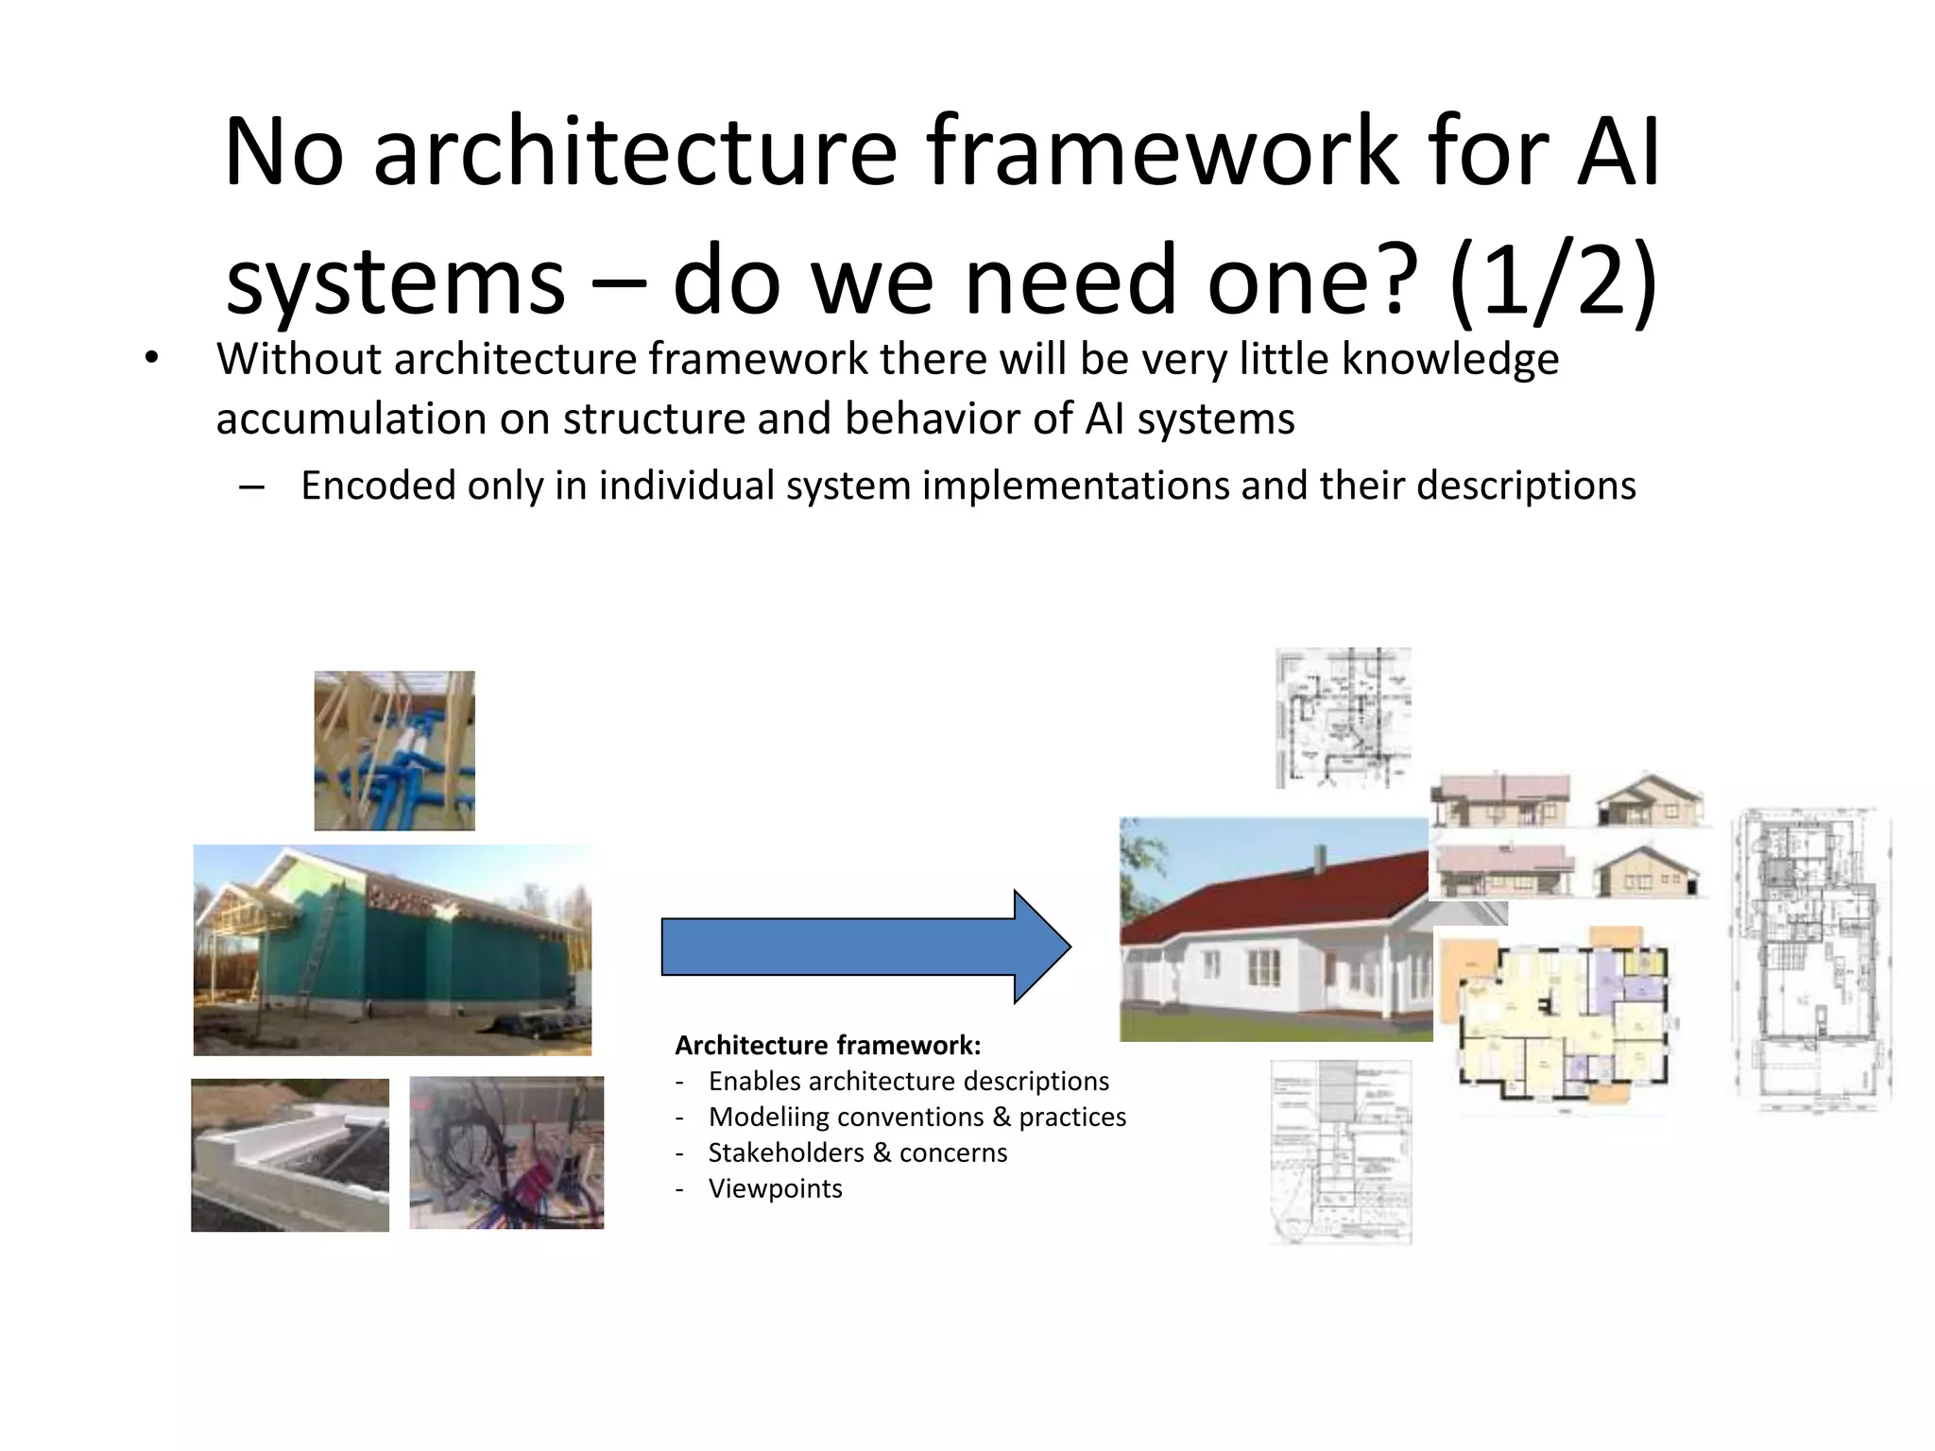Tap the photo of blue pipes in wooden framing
click(394, 750)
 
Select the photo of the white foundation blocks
click(289, 1154)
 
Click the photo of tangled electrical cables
click(506, 1152)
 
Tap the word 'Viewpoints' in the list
click(775, 1188)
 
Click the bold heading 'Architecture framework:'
click(828, 1045)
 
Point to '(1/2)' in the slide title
click(1553, 280)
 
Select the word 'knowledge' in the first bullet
click(1449, 359)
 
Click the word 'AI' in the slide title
click(1618, 151)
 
